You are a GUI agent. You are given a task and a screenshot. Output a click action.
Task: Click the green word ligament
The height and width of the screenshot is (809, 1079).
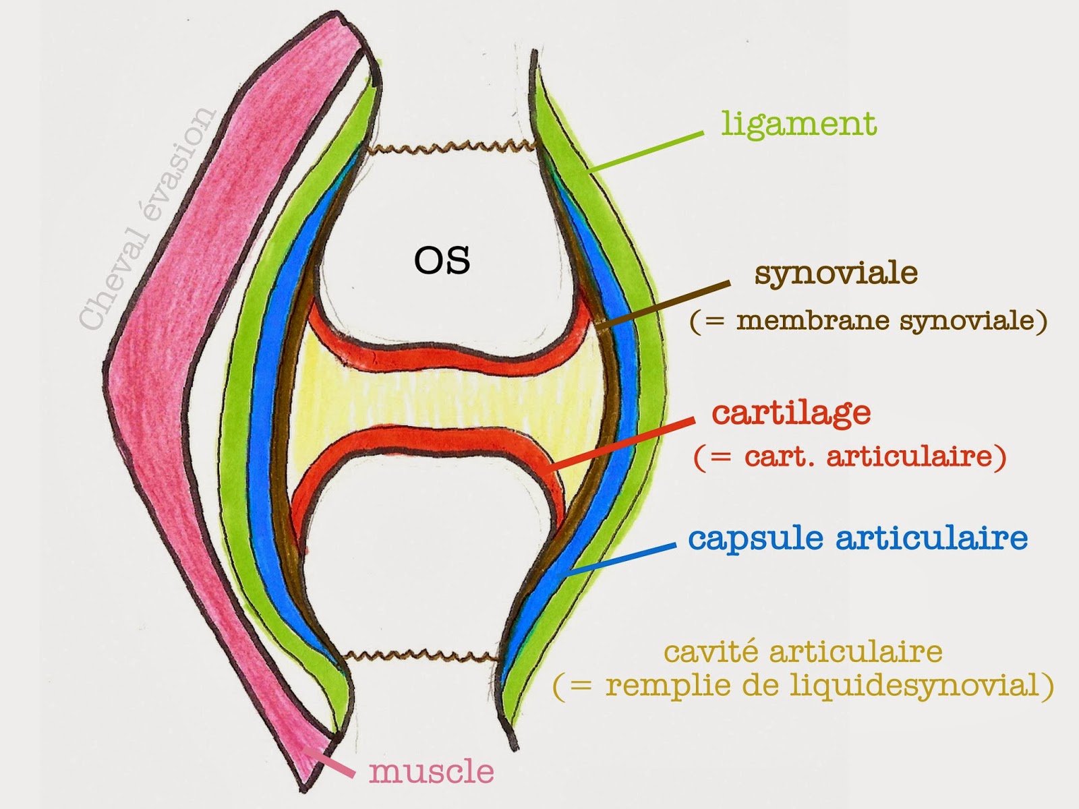(798, 124)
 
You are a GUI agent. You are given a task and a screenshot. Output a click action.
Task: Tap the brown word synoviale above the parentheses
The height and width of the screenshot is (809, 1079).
(836, 274)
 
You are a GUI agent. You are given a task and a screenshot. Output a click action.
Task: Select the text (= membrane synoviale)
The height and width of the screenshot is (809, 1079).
(869, 320)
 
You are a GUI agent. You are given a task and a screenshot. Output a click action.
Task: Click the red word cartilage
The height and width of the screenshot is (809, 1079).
(791, 413)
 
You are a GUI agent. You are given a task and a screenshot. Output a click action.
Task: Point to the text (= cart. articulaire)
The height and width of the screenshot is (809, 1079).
(850, 457)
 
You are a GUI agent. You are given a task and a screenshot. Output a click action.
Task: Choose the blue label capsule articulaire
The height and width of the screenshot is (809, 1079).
(858, 538)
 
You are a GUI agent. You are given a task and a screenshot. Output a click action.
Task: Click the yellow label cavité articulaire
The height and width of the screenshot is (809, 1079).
(803, 652)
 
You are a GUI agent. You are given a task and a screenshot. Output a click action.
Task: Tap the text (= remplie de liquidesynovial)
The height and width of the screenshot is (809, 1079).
(803, 685)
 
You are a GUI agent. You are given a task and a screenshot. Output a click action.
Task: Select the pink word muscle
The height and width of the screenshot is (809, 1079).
(432, 771)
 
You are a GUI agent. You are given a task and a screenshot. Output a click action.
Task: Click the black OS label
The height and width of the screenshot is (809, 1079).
(442, 261)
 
